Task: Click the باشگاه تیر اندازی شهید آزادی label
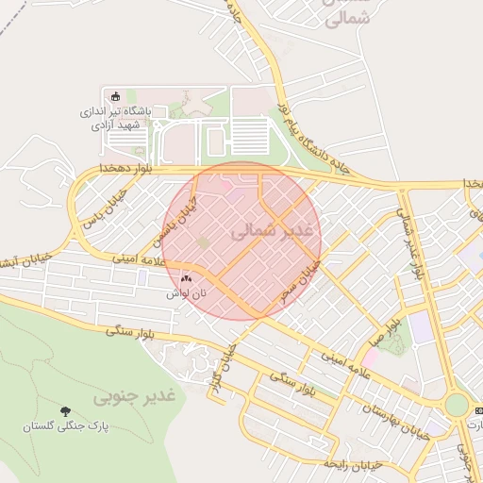click(121, 117)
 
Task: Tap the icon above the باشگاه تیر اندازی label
click(116, 95)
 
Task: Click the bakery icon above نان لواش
click(186, 279)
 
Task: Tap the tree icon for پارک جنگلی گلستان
click(65, 411)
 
